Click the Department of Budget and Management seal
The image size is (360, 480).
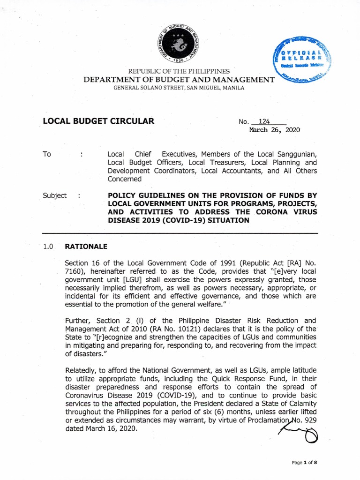tap(180, 43)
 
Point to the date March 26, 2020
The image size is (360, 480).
tap(274, 130)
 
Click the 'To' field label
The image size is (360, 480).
tap(47, 154)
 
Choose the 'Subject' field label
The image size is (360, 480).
tap(54, 195)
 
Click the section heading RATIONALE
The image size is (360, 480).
tap(86, 246)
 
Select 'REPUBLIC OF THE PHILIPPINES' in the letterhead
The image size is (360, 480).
tap(180, 71)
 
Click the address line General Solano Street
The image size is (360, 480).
tap(180, 88)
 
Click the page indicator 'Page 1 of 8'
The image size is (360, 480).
tap(304, 463)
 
